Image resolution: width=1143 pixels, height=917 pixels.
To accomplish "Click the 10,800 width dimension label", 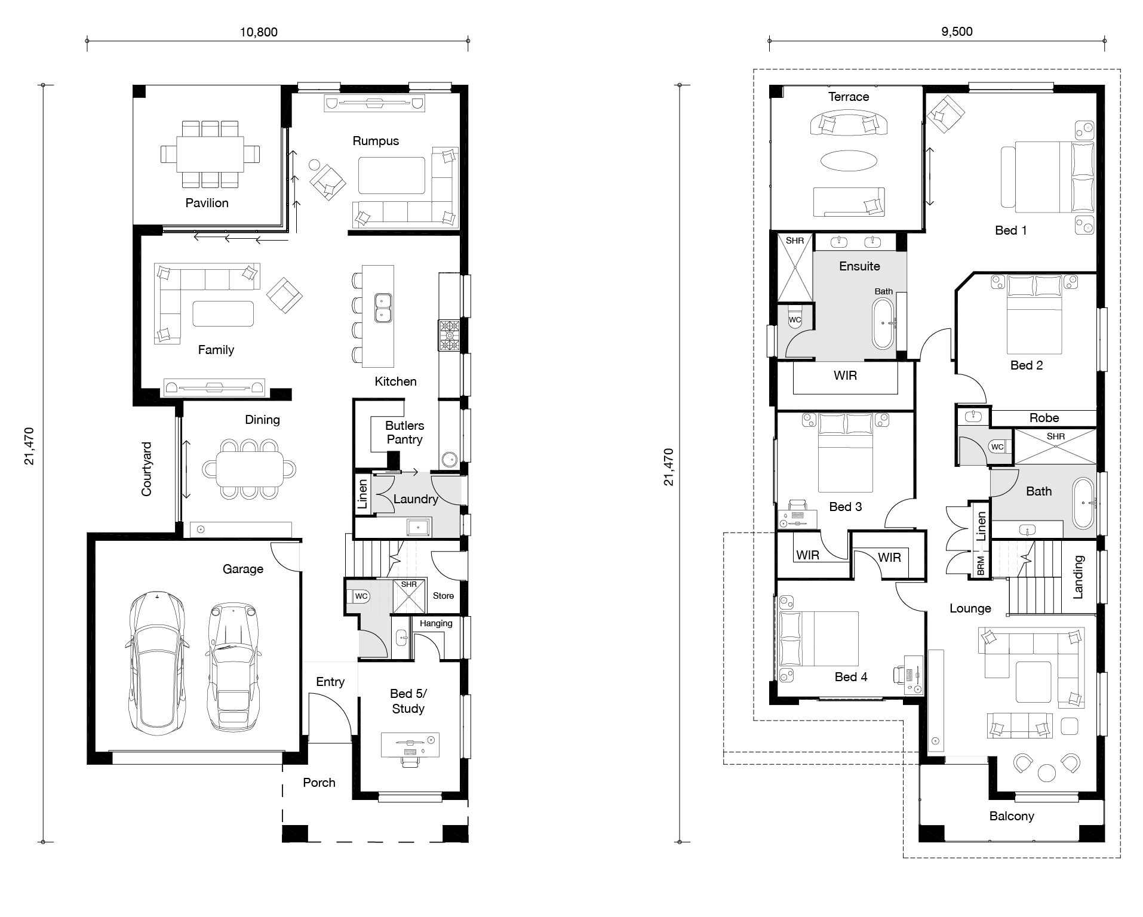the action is (259, 32).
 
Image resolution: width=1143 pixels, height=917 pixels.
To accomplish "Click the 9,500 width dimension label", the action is (957, 32).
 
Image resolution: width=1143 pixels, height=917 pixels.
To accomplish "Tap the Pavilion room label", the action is (207, 203).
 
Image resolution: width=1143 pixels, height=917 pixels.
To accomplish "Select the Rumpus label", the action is (376, 141).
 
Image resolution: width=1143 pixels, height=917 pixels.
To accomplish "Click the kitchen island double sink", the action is (382, 307).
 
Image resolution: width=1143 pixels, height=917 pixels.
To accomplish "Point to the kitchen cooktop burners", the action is (450, 336).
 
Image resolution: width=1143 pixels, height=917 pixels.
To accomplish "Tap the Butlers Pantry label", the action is (404, 432).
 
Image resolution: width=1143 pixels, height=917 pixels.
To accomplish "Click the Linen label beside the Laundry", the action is (362, 494).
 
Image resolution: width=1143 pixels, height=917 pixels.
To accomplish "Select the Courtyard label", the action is (146, 469).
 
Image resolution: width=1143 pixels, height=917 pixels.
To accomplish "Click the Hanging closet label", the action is (436, 624).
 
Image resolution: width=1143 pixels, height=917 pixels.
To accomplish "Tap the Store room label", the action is (443, 596).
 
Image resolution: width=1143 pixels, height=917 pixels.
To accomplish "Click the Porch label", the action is (319, 783).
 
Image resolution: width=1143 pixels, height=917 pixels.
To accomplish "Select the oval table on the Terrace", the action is (849, 159).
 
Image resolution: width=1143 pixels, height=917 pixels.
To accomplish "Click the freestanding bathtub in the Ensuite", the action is (884, 323).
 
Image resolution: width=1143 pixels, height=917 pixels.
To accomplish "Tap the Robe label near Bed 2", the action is (1044, 418).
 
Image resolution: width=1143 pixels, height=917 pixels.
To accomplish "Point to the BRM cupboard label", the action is (981, 566).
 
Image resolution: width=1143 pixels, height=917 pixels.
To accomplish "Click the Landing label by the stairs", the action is (1078, 577).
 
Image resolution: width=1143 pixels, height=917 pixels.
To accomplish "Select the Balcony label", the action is (1012, 816).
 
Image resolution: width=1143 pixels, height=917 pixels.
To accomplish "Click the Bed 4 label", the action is (851, 676).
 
